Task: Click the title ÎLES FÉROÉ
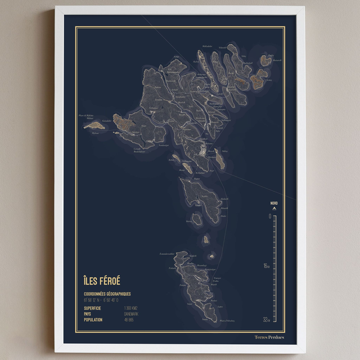(x=102, y=280)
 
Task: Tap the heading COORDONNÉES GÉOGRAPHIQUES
(x=107, y=294)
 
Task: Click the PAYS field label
(x=88, y=314)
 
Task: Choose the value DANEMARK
(x=131, y=314)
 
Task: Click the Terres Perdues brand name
(x=269, y=337)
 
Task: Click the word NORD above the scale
(x=274, y=203)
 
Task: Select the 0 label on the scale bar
(x=269, y=215)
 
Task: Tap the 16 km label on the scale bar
(x=267, y=266)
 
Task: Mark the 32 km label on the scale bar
(x=267, y=319)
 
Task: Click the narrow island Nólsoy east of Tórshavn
(x=222, y=161)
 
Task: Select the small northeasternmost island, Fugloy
(x=265, y=60)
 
